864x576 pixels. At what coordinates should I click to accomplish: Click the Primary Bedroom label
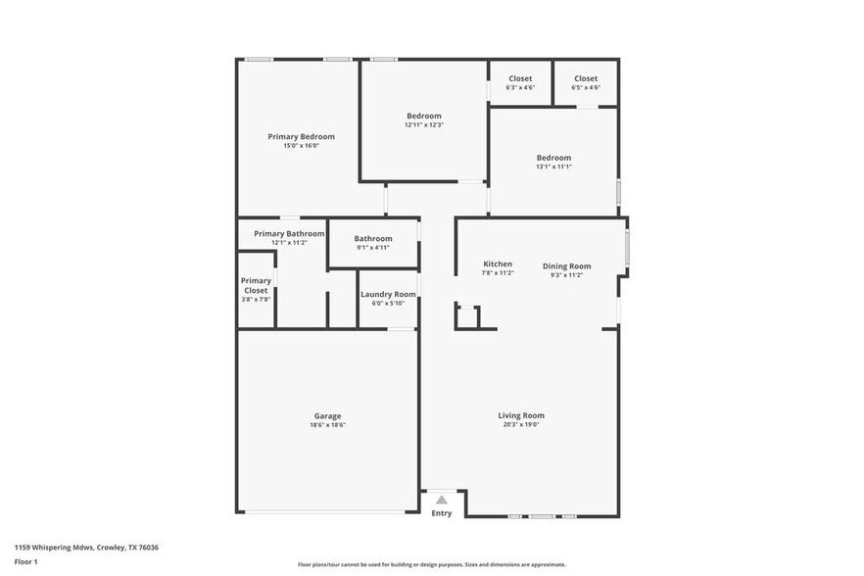(x=302, y=136)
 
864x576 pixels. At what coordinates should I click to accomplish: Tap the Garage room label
(x=327, y=416)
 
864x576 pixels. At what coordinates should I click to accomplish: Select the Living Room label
(x=520, y=416)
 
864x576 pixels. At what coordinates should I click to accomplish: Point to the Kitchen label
(x=498, y=264)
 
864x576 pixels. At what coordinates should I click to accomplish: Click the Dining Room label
(x=567, y=266)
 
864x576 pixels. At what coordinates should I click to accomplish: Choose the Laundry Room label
(x=388, y=295)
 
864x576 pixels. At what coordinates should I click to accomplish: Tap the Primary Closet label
(x=256, y=285)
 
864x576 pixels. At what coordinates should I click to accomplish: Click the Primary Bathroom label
(x=289, y=234)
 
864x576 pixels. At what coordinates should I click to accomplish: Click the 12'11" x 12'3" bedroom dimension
(x=424, y=125)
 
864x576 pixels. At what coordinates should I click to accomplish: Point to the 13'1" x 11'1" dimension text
(x=553, y=167)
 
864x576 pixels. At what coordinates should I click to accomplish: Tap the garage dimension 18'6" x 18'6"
(x=327, y=425)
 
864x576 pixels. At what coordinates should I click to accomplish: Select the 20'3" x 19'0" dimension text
(x=520, y=425)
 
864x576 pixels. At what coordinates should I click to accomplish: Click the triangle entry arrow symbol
(x=442, y=500)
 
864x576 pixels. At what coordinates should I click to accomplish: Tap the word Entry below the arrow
(x=442, y=513)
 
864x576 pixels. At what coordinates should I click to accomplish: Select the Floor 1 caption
(x=25, y=561)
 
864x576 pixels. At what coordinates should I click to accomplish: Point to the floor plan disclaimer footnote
(x=431, y=564)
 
